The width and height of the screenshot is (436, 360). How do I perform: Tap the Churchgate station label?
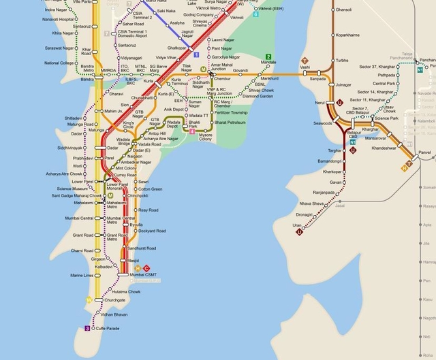[116, 300]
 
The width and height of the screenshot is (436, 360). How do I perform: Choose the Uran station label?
[296, 224]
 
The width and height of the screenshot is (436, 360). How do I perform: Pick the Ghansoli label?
[344, 10]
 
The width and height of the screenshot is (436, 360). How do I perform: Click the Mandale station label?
[268, 63]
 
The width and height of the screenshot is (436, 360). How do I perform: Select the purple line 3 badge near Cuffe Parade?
[87, 328]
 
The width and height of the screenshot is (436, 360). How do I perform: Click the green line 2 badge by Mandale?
[268, 56]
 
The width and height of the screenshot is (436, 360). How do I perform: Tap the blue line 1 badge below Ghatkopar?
[196, 53]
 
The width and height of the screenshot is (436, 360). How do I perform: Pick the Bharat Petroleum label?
[230, 122]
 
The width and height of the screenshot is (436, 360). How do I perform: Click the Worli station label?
[78, 165]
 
